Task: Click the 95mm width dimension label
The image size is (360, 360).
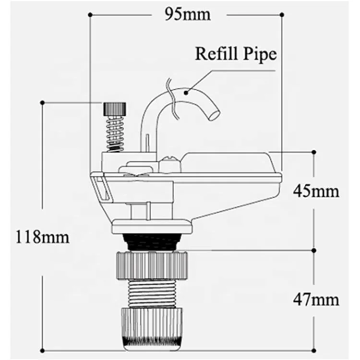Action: [x=187, y=14]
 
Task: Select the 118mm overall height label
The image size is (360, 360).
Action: [x=42, y=237]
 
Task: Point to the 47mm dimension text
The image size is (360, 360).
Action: [x=316, y=300]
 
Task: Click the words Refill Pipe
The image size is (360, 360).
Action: [x=236, y=53]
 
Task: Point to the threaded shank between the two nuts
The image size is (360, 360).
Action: [x=151, y=293]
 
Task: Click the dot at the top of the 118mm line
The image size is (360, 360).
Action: [x=43, y=102]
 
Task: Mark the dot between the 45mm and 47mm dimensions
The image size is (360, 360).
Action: [x=314, y=250]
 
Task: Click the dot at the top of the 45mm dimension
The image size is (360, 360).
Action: [x=314, y=152]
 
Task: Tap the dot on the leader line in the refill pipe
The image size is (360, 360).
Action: [x=189, y=89]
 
